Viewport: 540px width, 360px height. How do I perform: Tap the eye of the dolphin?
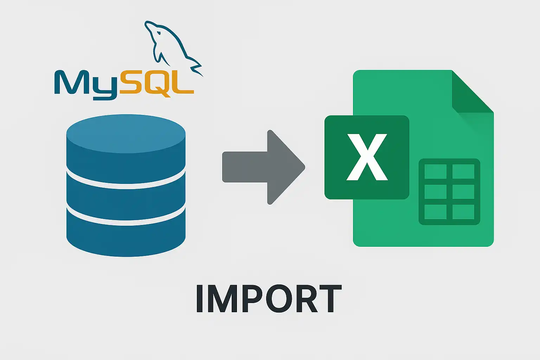coord(159,32)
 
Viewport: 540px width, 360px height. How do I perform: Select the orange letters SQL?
coord(156,83)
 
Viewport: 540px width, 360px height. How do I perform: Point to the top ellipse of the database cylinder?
coord(126,134)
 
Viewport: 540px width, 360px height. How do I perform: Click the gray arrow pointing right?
coord(263,167)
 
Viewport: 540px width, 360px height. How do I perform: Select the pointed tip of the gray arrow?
coord(305,167)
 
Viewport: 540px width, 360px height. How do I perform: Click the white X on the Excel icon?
coord(367,157)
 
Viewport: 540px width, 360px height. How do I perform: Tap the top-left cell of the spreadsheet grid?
coord(435,172)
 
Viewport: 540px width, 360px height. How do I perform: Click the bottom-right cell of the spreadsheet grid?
coord(463,212)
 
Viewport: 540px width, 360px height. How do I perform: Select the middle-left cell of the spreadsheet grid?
coord(435,192)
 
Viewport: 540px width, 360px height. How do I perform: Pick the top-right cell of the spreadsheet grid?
coord(463,172)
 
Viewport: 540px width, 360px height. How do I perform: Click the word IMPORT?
coord(269,299)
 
